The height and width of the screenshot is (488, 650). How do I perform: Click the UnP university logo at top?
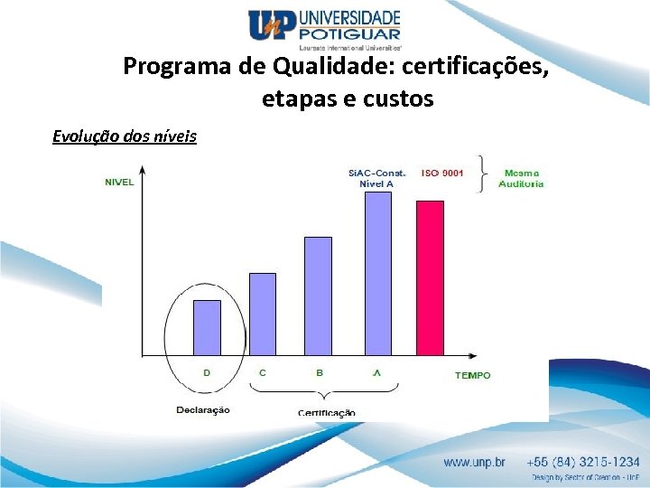point(324,27)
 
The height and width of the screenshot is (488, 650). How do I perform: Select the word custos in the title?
point(398,99)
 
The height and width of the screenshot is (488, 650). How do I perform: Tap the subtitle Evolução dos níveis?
point(125,136)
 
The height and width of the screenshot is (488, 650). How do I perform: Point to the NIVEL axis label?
point(119,182)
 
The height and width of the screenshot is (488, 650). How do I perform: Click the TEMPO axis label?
point(472,375)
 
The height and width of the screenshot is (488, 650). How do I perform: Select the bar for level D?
point(207,327)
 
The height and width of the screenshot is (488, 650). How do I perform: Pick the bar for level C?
point(262,314)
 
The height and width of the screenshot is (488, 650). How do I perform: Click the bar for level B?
point(318,296)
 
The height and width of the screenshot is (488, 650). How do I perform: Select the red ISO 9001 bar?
point(430,277)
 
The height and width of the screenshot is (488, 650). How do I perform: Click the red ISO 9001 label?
point(442,173)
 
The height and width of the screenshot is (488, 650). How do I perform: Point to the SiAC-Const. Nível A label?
point(376,178)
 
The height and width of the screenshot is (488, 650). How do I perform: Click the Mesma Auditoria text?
point(524,178)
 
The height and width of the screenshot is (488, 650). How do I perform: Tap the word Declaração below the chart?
point(203,409)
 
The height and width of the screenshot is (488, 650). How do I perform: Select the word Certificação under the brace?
point(327,413)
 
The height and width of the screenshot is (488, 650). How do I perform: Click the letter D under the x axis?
point(207,372)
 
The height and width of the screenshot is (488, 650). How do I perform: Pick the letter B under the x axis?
point(319,372)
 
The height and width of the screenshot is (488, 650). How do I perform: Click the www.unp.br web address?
point(474,462)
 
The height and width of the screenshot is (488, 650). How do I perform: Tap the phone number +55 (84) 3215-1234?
point(585,461)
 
